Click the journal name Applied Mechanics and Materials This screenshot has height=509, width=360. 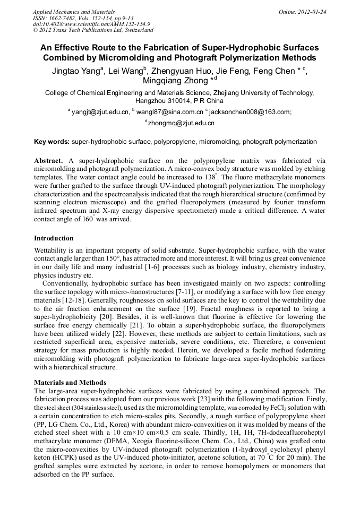click(73, 11)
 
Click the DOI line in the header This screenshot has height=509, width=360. click(91, 24)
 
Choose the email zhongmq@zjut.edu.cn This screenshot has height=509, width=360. click(181, 123)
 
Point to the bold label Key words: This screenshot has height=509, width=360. click(52, 142)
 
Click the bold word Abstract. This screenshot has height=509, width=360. click(48, 160)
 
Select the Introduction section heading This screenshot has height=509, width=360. click(54, 238)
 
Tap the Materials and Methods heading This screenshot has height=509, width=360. click(70, 382)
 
